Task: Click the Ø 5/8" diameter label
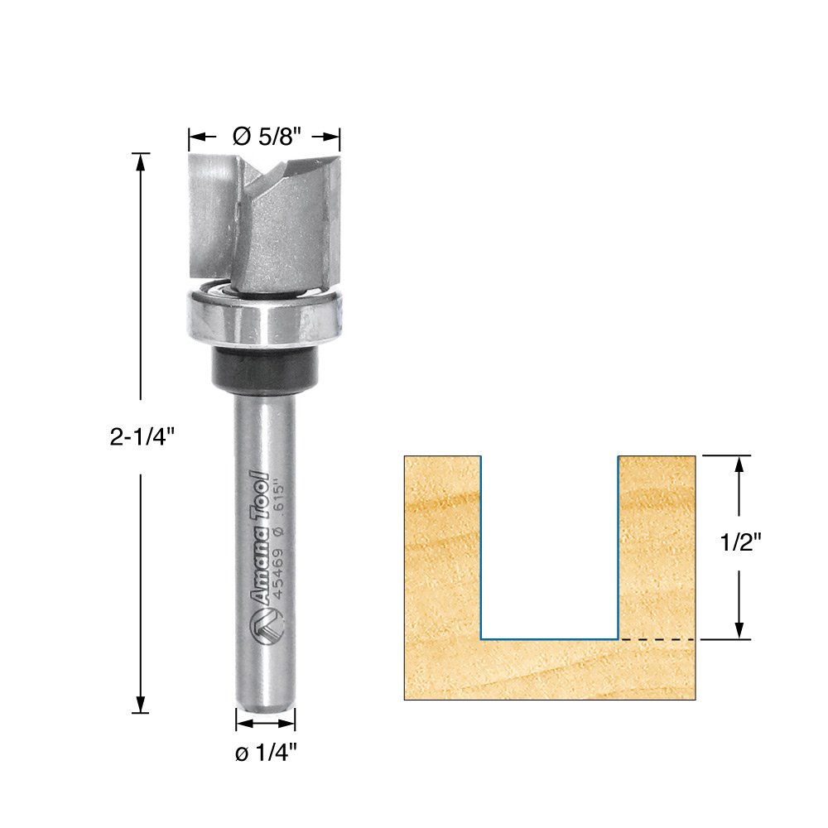click(x=267, y=137)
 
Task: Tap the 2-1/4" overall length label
click(x=142, y=436)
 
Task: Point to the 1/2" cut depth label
click(x=739, y=542)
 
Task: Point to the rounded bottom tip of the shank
click(x=265, y=706)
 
